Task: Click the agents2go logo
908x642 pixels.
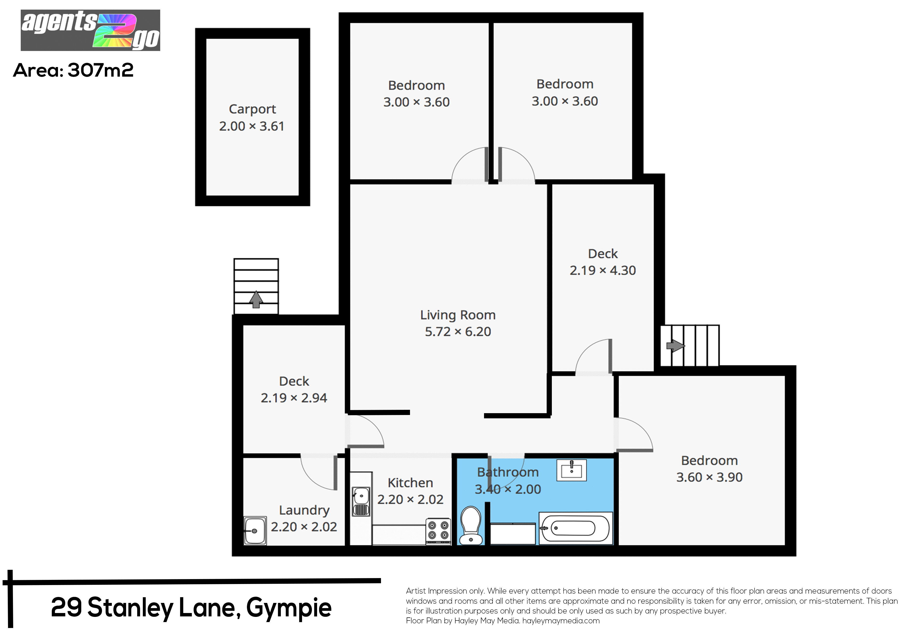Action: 90,30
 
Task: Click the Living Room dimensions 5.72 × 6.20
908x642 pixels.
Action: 458,331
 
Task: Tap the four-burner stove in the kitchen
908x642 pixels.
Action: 438,531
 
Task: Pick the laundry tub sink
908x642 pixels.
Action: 255,530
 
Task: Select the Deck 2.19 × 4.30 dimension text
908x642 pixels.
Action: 603,270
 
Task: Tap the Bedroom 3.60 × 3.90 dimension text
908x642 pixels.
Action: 709,477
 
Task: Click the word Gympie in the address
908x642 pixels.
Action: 289,608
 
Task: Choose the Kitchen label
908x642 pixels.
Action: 410,483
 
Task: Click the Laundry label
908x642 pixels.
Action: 304,510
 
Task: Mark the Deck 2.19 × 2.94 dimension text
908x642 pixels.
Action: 294,398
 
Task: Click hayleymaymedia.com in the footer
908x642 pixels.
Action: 561,621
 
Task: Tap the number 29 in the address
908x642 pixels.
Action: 66,608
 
